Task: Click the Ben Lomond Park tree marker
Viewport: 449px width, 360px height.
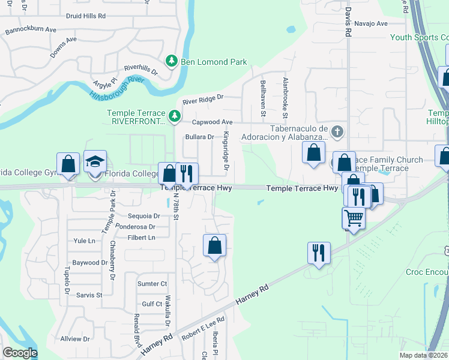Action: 172,61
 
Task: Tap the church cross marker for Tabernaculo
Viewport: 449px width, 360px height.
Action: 338,131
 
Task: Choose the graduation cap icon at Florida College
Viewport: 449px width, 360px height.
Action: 95,162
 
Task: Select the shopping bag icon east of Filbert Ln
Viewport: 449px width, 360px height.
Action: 214,245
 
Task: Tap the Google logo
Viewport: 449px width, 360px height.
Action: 20,353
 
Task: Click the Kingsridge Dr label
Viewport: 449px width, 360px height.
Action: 227,151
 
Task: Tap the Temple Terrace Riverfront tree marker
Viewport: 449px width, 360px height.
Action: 174,115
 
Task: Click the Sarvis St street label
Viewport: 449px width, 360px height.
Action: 89,295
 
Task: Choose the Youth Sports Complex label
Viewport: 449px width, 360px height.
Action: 419,37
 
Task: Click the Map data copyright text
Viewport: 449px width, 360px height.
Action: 423,355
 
